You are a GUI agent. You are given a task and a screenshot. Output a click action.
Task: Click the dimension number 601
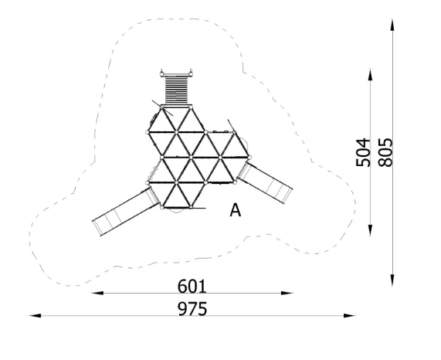point(192,287)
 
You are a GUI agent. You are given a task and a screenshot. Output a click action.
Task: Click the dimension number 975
point(192,308)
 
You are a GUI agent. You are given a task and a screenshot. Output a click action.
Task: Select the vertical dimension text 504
point(363,152)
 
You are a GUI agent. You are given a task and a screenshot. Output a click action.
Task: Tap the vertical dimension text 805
point(385,152)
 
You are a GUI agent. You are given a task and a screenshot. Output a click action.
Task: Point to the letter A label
point(236,210)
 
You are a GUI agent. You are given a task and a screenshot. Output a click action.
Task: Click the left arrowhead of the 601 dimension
point(97,293)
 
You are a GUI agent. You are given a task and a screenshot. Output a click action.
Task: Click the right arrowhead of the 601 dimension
point(287,293)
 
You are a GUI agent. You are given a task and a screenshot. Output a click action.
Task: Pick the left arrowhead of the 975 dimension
point(36,315)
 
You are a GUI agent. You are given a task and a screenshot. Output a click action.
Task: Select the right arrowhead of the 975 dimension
point(350,315)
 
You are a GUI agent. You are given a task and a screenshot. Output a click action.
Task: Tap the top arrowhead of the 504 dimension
point(370,74)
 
